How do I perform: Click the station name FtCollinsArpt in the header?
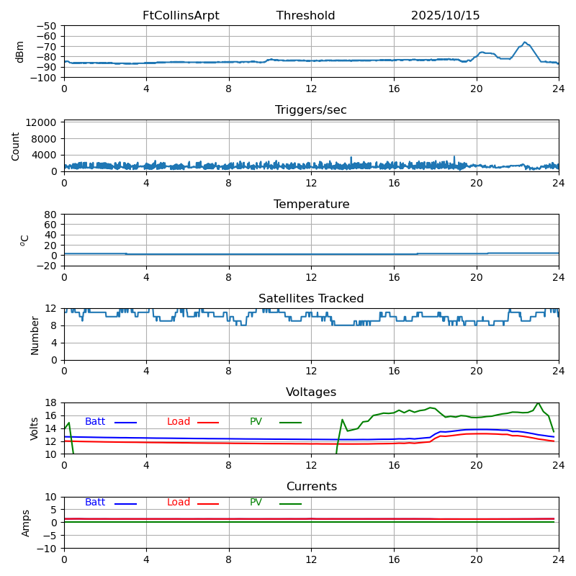click(181, 16)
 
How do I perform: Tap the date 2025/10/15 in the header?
click(445, 16)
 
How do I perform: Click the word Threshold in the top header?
click(305, 16)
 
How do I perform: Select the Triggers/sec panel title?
click(311, 110)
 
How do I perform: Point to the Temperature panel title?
click(311, 204)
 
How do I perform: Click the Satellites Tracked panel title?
click(311, 299)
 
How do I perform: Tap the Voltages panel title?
click(311, 392)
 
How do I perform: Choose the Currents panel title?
click(311, 487)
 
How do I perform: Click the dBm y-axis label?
click(20, 51)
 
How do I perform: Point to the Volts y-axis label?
click(35, 428)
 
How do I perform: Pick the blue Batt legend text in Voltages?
click(95, 422)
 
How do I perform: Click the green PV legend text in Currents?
click(256, 503)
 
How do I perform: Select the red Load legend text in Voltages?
click(179, 422)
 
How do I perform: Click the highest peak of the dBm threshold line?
click(525, 42)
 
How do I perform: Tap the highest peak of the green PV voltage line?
click(537, 402)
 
